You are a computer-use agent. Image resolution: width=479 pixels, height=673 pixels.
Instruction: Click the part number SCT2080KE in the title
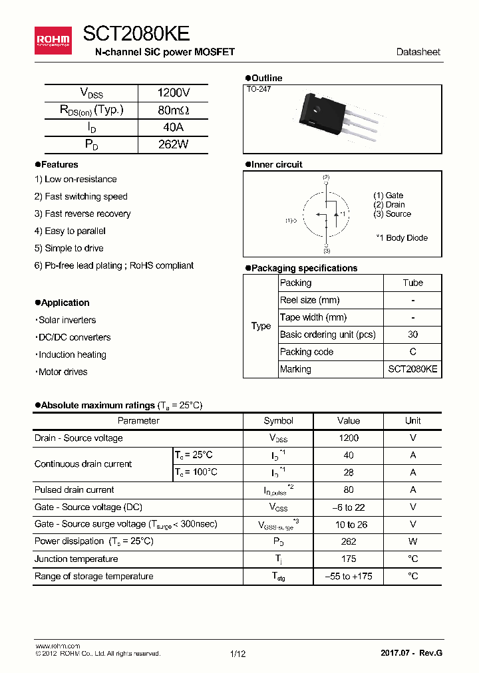point(136,35)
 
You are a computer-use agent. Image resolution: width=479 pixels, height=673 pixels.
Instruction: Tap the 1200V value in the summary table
point(173,93)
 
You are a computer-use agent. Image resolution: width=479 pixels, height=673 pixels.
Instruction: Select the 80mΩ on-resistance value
point(173,110)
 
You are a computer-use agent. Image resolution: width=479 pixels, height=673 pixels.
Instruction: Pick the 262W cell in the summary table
point(173,144)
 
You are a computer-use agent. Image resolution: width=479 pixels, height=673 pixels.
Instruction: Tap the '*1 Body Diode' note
point(402,238)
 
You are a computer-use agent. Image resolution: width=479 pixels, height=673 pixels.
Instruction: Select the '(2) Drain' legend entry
point(389,205)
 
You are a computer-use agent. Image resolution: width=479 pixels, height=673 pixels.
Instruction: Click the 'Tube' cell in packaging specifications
point(412,283)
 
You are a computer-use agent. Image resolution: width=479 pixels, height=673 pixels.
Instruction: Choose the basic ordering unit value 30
point(412,335)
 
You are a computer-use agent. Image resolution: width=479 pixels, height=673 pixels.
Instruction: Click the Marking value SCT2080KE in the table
point(412,369)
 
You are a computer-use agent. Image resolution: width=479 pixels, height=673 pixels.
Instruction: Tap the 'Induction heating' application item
point(72,354)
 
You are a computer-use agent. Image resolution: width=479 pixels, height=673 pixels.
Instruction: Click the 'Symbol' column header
point(278,421)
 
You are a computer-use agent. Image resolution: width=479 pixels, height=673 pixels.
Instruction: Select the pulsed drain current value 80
point(349,490)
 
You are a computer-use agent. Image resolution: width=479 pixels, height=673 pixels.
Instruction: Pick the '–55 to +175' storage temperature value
point(349,577)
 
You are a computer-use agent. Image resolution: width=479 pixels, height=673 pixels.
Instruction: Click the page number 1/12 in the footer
point(238,654)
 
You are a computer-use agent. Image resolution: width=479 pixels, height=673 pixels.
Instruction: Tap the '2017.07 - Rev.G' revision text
point(410,653)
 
